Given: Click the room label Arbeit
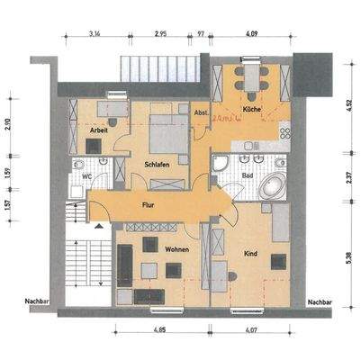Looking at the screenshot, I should point(100,131).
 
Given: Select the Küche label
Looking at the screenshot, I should point(254,111).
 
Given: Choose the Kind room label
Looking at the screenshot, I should point(251,253).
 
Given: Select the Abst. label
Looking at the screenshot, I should point(200,112).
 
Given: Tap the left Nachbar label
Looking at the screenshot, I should point(38,303).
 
